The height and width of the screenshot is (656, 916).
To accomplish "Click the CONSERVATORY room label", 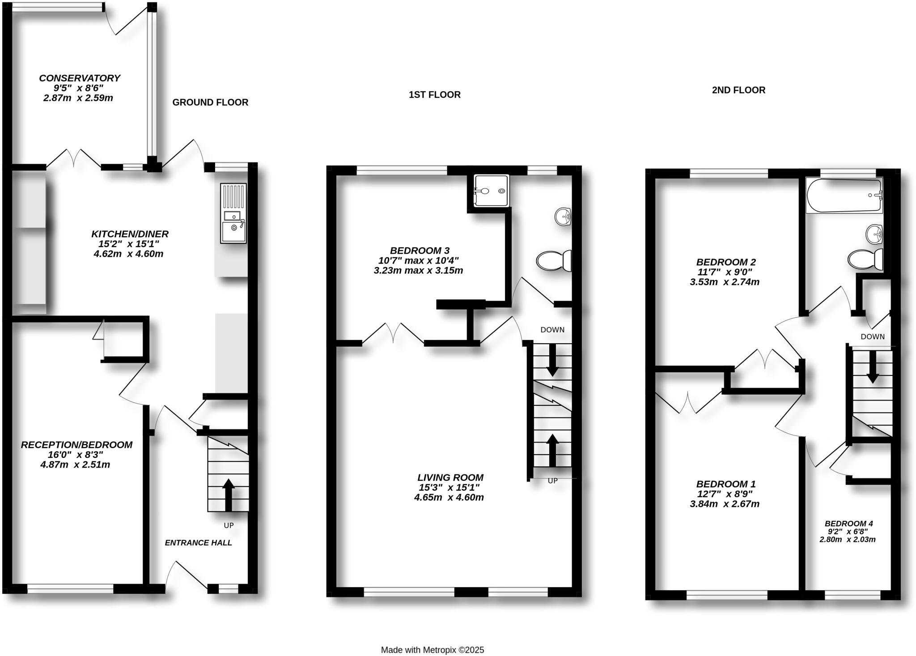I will coord(80,78).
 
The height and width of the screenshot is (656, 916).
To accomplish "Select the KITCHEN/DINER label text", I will coord(130,234).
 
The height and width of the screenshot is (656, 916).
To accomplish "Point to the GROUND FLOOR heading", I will coord(210,102).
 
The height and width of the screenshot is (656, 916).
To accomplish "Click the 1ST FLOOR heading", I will coord(434,95).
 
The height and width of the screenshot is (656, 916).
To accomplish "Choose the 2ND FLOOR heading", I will coord(738,90).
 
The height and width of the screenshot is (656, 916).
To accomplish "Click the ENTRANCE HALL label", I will coord(198,543).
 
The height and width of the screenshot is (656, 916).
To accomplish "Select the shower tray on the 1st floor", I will coord(492,191).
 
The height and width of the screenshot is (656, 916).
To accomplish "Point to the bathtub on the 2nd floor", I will coord(844,196).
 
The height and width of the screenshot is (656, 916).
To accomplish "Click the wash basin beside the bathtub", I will coord(874,234).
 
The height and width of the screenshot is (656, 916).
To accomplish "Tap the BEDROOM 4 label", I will coord(848,524).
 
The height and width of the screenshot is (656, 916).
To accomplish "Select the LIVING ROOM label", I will coord(450,478).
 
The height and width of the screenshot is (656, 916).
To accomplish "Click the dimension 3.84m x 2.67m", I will coord(725,504).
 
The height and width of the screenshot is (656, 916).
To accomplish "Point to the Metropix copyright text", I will coord(432,650).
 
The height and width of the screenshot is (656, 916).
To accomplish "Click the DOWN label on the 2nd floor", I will coord(872,337).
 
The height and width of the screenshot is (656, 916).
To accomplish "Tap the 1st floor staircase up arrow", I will coord(553,450).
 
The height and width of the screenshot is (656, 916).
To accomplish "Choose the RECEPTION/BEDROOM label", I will coord(76,445).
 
